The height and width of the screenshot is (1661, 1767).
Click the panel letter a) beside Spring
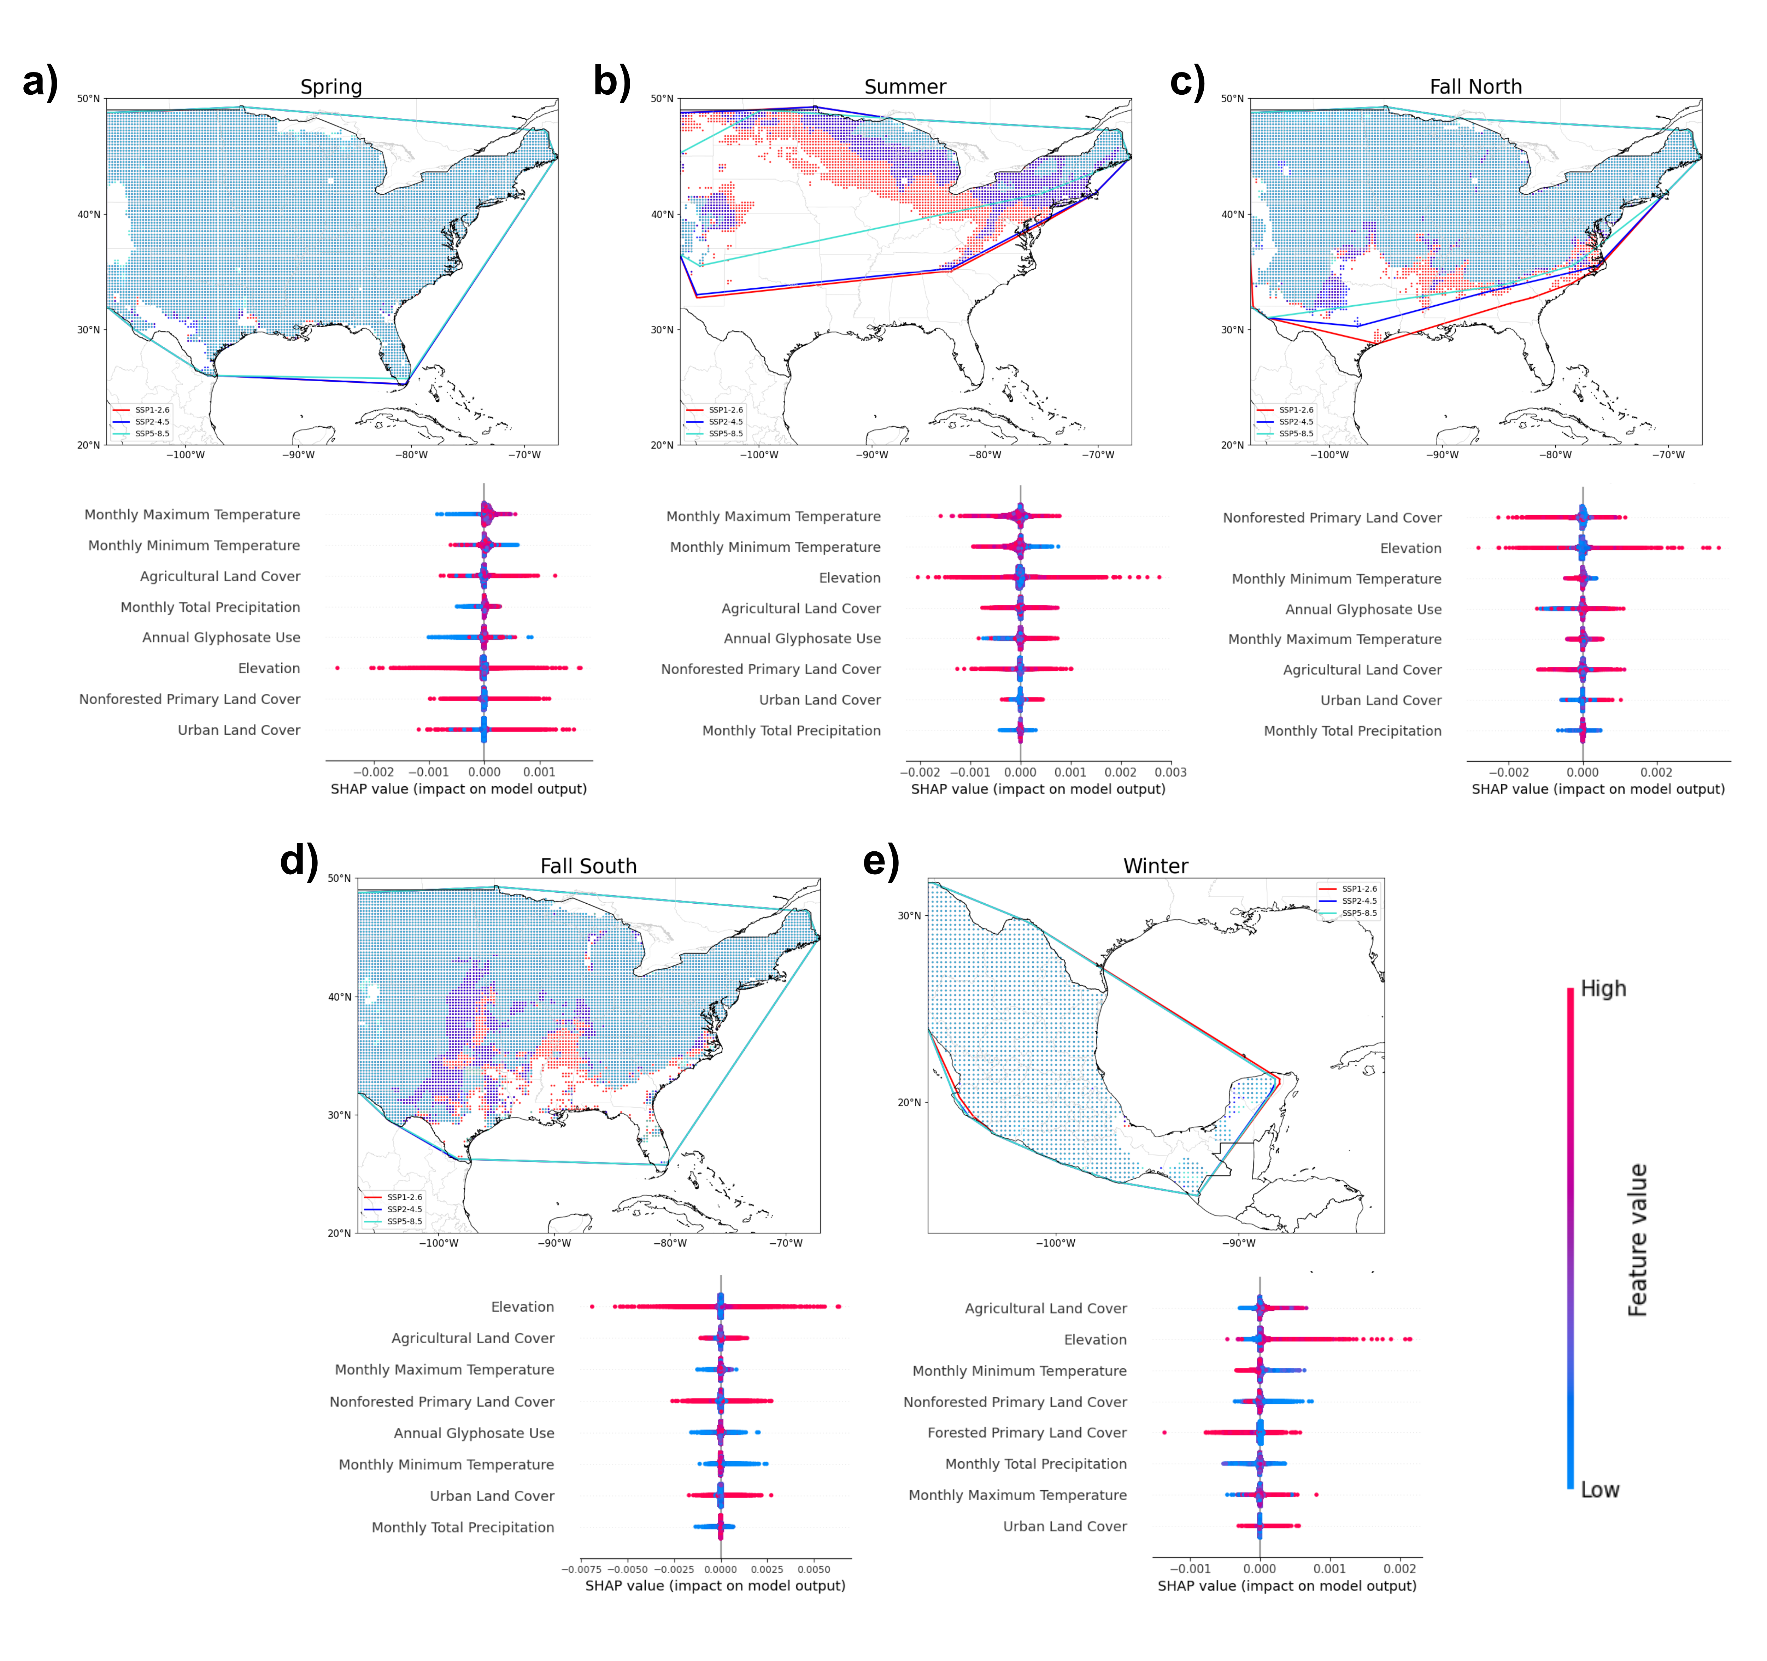point(40,82)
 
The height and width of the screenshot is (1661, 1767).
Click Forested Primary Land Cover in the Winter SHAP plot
point(1027,1433)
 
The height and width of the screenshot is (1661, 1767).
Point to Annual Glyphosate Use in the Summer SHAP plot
point(802,638)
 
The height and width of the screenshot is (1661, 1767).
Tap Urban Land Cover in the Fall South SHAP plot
point(492,1496)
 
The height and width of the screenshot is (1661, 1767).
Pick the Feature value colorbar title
point(1637,1240)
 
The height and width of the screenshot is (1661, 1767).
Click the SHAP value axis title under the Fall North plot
point(1597,789)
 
